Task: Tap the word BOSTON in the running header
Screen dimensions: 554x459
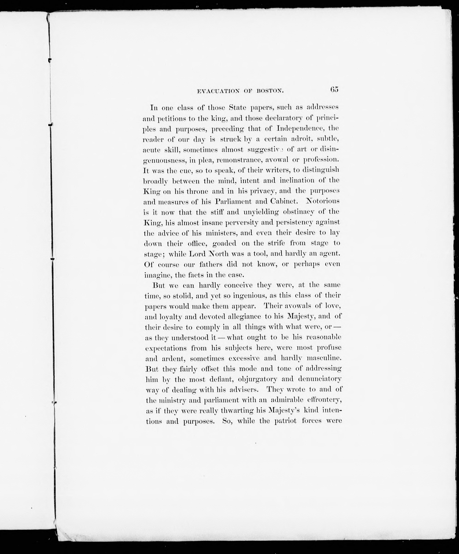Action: point(270,91)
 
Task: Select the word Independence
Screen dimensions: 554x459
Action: point(304,128)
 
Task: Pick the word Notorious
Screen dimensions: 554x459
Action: point(322,201)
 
